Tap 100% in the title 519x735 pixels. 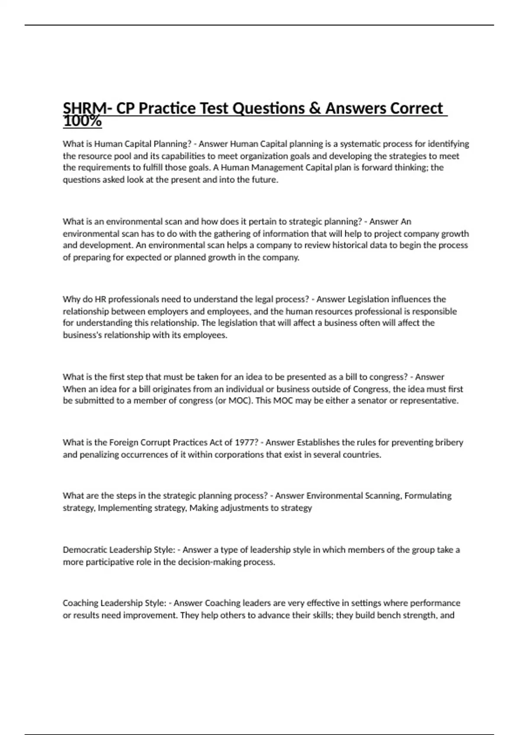[x=82, y=122]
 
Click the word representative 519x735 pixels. [x=429, y=400]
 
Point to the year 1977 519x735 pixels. [x=247, y=442]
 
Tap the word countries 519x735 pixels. [x=362, y=454]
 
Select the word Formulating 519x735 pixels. [x=428, y=495]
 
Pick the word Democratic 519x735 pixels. [x=85, y=550]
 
